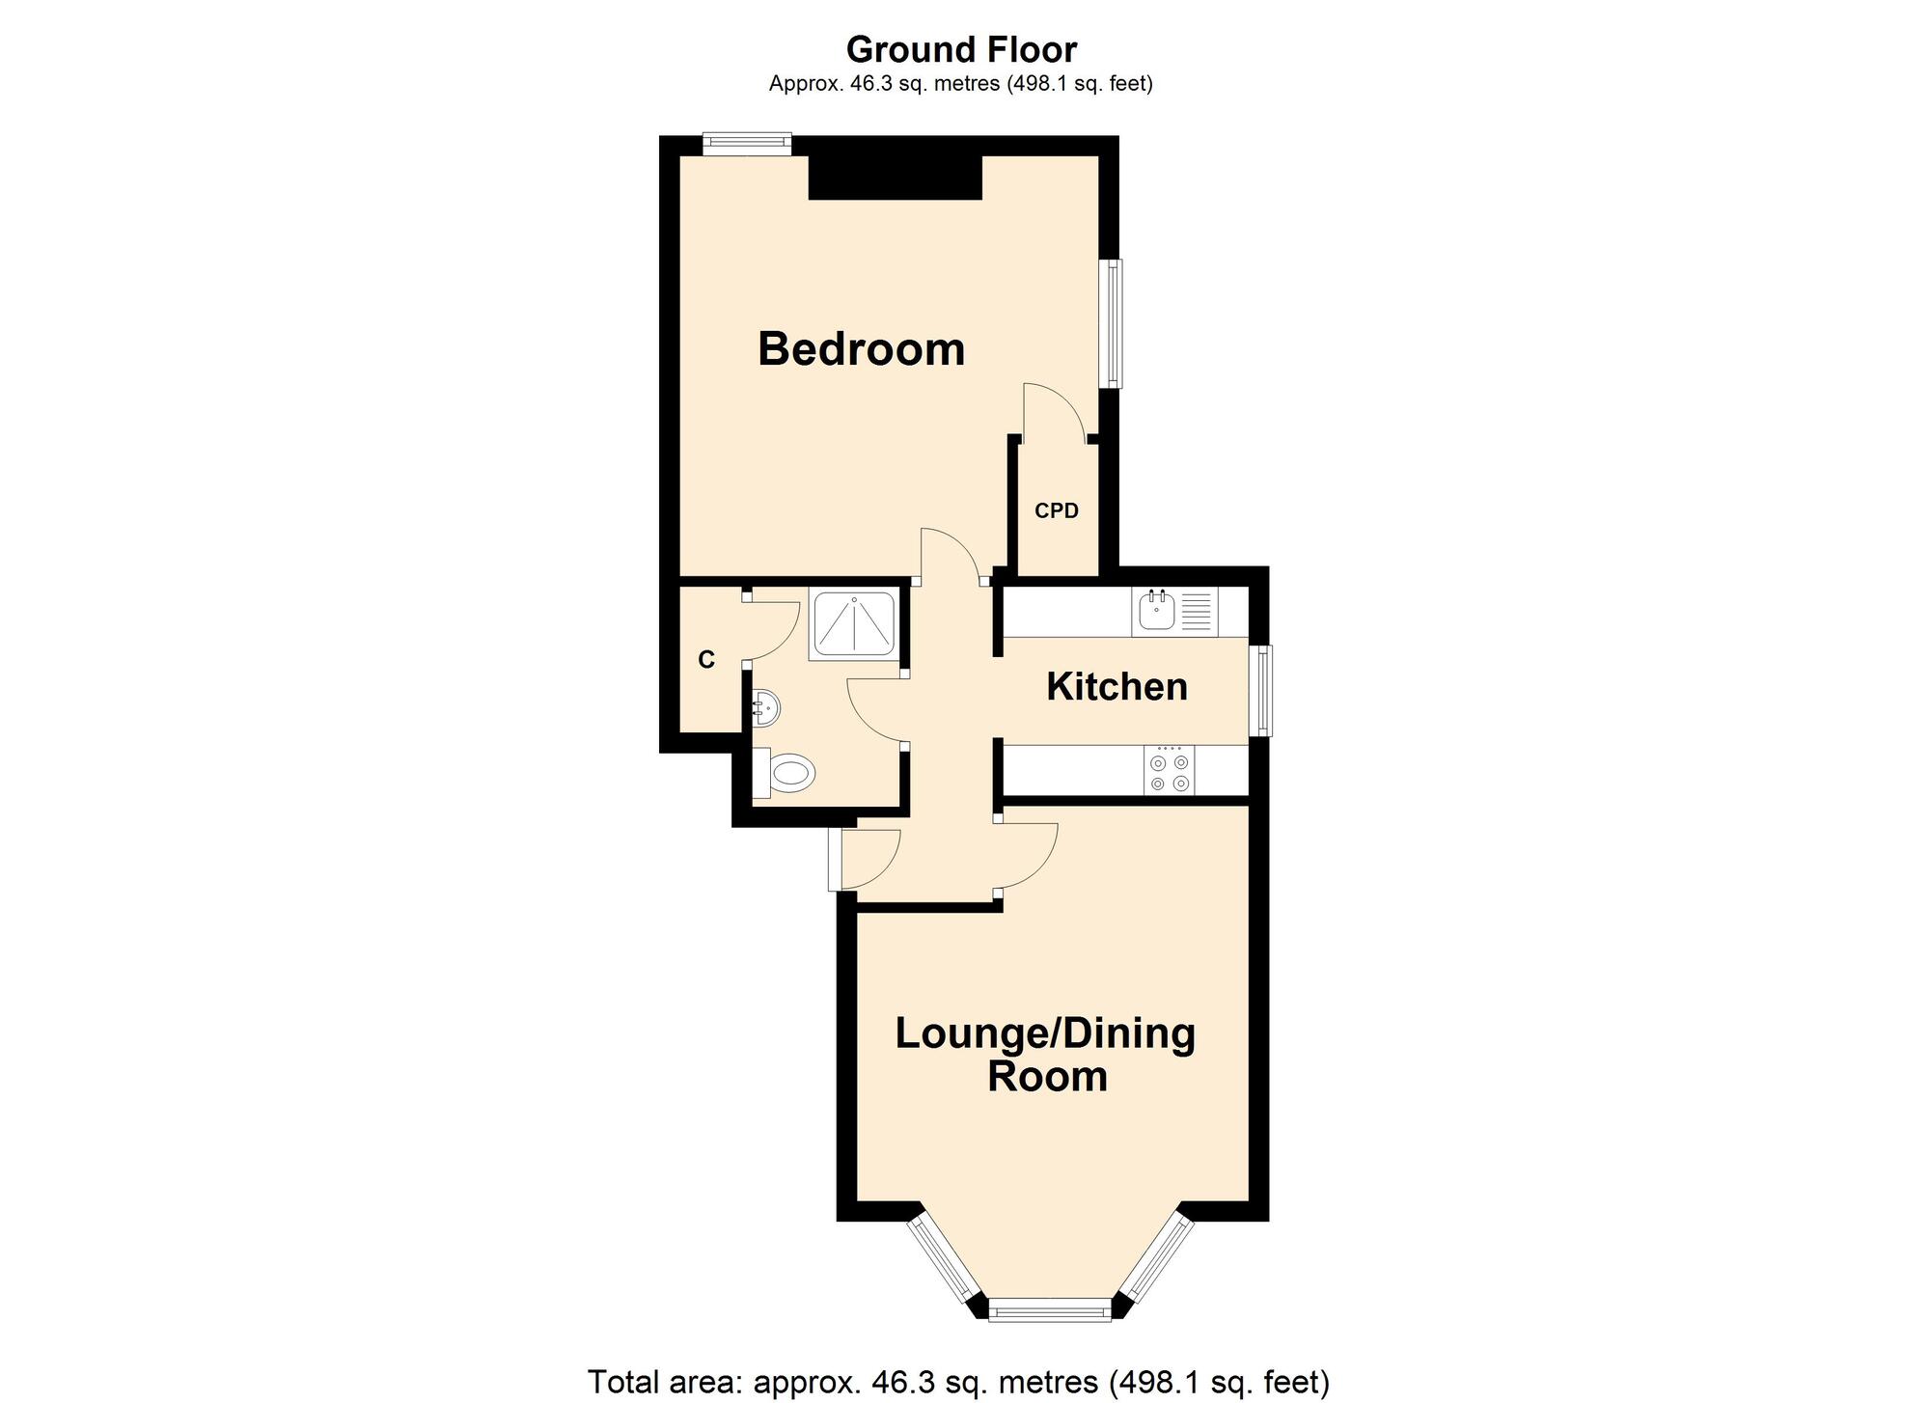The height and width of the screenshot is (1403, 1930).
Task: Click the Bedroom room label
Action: click(x=861, y=349)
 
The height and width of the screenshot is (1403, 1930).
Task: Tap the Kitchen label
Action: click(x=1117, y=687)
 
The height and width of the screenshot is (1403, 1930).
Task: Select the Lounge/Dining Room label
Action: click(x=1045, y=1054)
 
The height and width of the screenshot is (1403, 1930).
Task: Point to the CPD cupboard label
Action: click(x=1056, y=511)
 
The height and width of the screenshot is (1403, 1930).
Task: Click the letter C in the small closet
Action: click(x=706, y=660)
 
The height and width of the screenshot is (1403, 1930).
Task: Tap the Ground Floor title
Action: click(x=961, y=49)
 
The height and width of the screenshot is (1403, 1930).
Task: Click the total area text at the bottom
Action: click(x=958, y=1382)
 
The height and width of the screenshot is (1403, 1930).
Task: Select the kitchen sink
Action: click(x=1155, y=611)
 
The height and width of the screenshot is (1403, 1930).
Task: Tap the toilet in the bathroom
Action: click(x=788, y=773)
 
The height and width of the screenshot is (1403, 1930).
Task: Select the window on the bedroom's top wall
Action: click(x=746, y=144)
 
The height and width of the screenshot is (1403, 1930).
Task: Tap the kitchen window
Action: click(x=1262, y=691)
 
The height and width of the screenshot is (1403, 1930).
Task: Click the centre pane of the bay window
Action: click(x=1049, y=1310)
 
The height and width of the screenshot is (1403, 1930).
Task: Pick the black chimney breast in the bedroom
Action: click(x=895, y=177)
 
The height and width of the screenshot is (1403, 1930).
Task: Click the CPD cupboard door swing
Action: click(x=1054, y=410)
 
